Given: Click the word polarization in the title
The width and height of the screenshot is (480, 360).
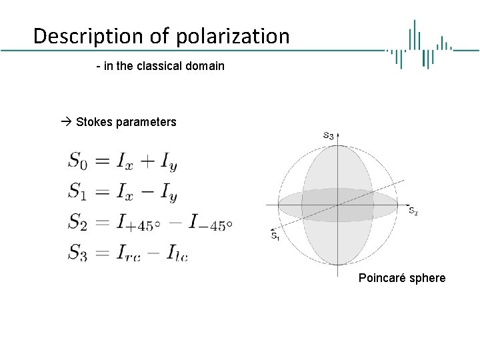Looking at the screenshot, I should tap(233, 36).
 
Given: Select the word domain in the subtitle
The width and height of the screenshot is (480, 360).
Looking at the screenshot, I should tap(206, 66).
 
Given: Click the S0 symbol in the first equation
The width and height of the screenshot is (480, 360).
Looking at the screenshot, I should tap(77, 161).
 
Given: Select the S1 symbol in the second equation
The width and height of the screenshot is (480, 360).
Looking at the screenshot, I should tap(77, 191).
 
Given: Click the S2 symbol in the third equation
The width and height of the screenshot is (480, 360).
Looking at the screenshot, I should tap(77, 221).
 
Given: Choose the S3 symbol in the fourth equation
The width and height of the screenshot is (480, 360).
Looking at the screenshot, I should tap(77, 252).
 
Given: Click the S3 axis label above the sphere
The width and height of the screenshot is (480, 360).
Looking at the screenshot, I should tap(328, 135).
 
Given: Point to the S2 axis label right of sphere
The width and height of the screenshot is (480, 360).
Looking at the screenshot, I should tap(413, 211).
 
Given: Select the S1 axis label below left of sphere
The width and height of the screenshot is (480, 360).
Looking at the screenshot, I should tap(275, 235).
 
